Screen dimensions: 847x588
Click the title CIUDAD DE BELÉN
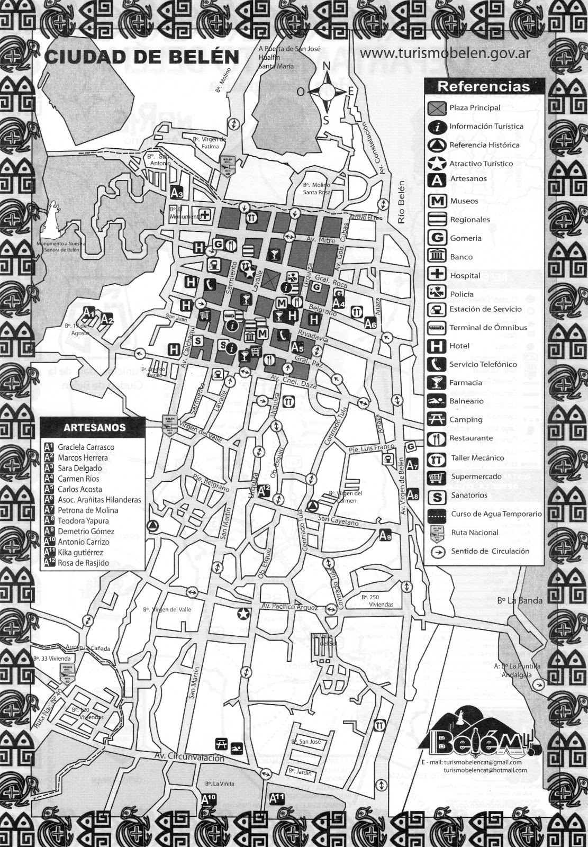(x=142, y=57)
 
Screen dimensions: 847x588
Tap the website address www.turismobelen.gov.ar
(x=445, y=54)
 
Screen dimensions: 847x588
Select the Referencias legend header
(x=483, y=86)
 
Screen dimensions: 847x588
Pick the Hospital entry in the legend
(x=465, y=275)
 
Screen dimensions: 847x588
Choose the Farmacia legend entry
(x=466, y=383)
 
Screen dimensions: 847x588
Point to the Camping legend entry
(x=466, y=420)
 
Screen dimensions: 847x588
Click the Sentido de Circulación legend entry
(x=490, y=551)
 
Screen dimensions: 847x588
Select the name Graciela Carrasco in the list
(x=86, y=447)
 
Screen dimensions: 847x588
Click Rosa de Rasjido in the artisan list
(x=83, y=563)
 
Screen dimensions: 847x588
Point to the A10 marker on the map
(x=209, y=798)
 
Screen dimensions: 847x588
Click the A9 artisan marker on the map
(x=386, y=535)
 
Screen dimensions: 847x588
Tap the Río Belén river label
(x=401, y=202)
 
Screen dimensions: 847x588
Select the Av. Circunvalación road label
(x=189, y=758)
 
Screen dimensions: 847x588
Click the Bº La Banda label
(x=520, y=600)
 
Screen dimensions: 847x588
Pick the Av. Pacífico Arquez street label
(x=290, y=607)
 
